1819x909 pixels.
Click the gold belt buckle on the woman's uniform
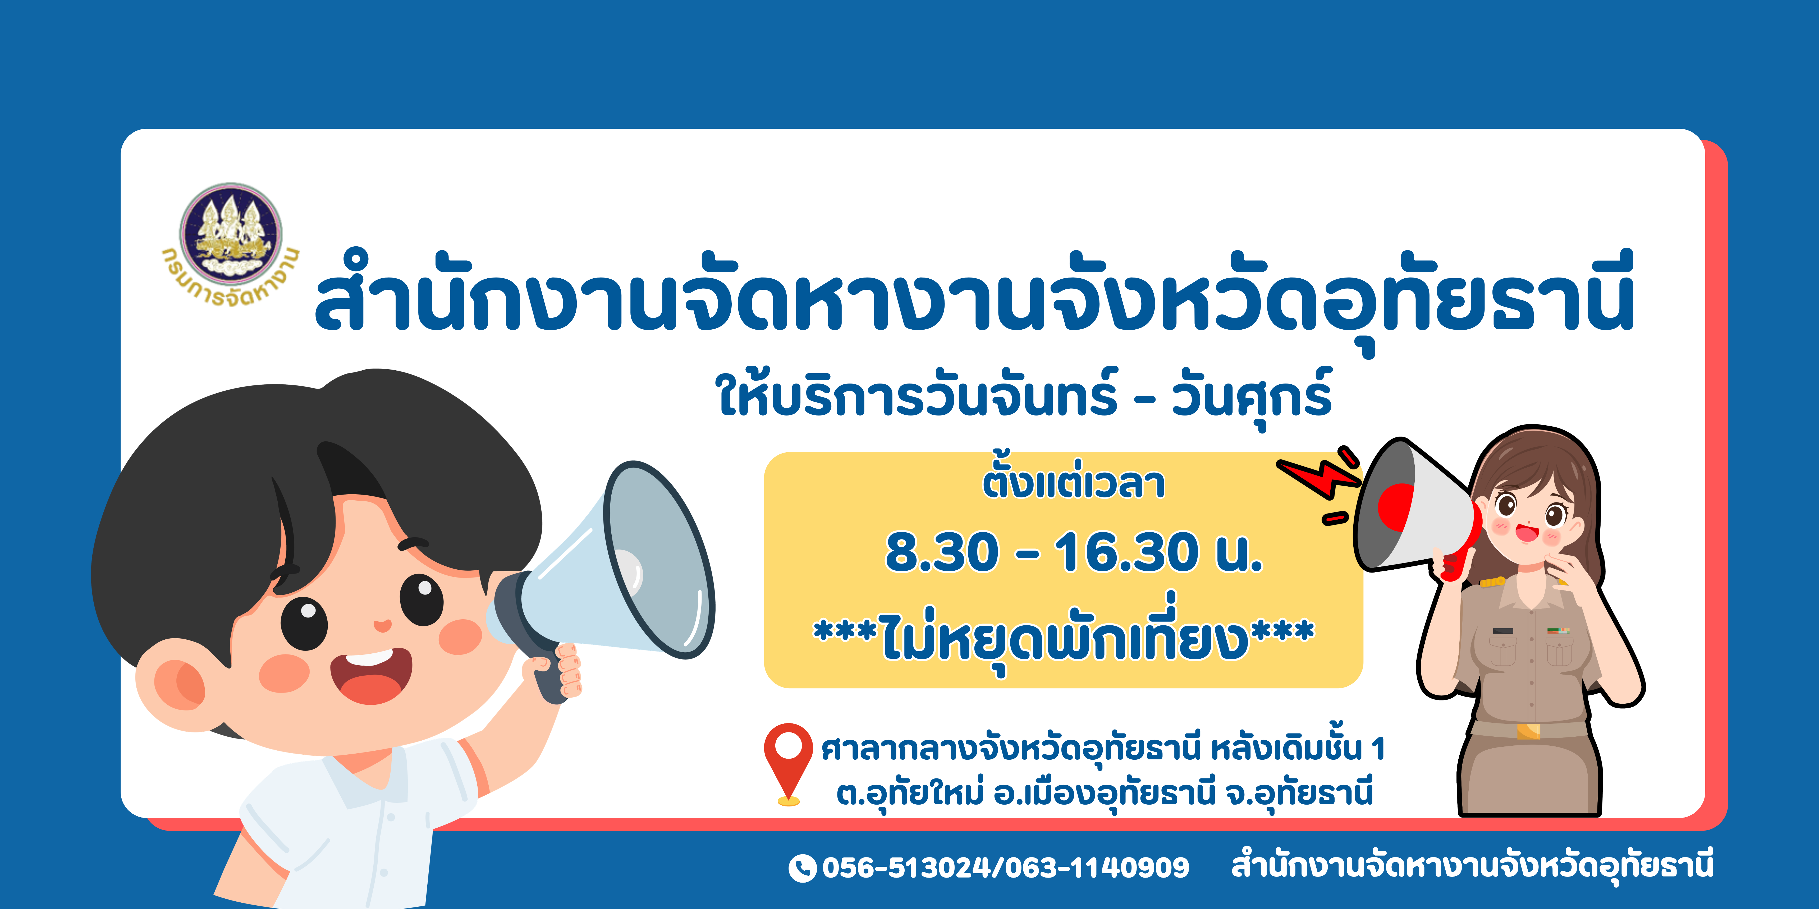[1527, 730]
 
